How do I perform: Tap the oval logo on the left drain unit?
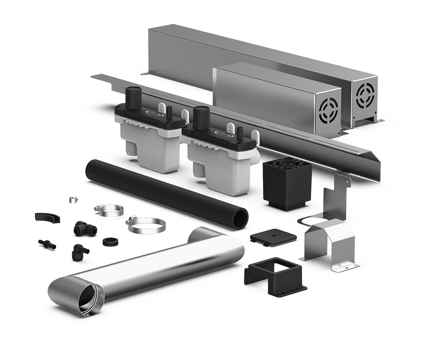click(x=150, y=113)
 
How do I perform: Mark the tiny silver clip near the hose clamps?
click(x=73, y=199)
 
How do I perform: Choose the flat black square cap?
click(x=273, y=237)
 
